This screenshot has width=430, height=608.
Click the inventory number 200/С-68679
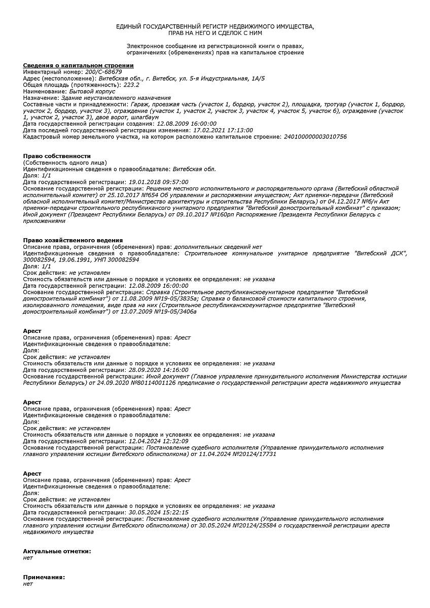pyautogui.click(x=103, y=72)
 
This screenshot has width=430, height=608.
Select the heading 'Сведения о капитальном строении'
pyautogui.click(x=79, y=65)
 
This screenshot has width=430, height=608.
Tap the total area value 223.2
pyautogui.click(x=131, y=85)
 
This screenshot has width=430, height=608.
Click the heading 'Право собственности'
pyautogui.click(x=57, y=156)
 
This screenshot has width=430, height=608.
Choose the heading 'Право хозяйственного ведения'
pyautogui.click(x=73, y=240)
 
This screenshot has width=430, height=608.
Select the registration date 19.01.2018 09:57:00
pyautogui.click(x=158, y=182)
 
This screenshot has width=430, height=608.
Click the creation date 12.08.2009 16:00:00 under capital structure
pyautogui.click(x=187, y=124)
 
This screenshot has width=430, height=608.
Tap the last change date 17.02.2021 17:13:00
pyautogui.click(x=223, y=130)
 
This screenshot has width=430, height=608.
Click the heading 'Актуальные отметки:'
pyautogui.click(x=57, y=551)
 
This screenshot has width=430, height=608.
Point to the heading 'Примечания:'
pyautogui.click(x=44, y=578)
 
